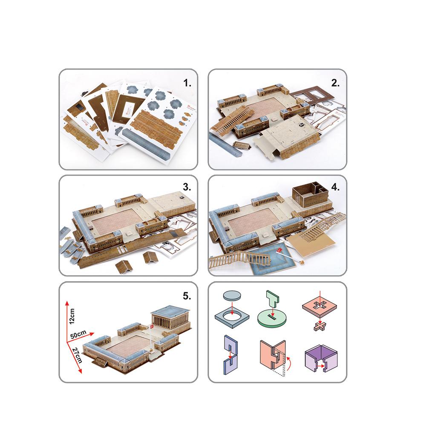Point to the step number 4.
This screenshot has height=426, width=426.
click(336, 187)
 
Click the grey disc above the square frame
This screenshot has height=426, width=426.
click(231, 296)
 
